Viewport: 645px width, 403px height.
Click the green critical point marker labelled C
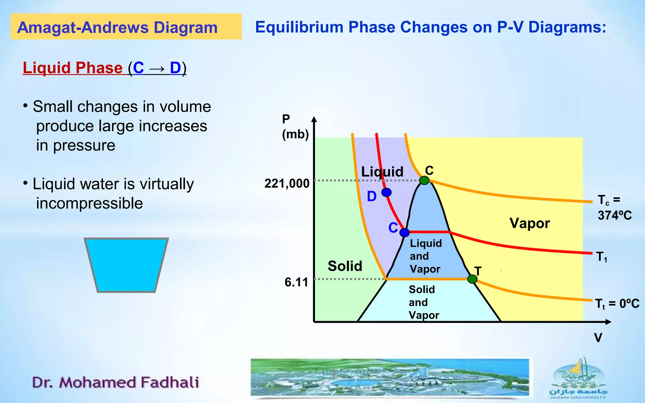click(x=424, y=180)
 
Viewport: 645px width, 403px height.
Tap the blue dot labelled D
click(x=386, y=192)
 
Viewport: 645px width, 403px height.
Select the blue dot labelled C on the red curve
click(x=404, y=233)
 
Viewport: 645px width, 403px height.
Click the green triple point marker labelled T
click(x=472, y=279)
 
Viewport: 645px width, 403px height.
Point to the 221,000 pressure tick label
click(x=287, y=183)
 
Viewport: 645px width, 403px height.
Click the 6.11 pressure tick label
click(x=296, y=282)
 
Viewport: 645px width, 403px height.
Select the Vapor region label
click(x=529, y=223)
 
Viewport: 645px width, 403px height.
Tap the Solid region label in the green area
click(x=345, y=266)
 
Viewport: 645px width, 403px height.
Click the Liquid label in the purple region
click(x=382, y=172)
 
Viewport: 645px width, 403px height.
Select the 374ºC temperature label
click(x=614, y=215)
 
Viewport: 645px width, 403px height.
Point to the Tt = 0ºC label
click(x=617, y=304)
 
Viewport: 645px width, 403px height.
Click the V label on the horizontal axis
click(x=598, y=338)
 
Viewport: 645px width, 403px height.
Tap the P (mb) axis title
click(x=295, y=127)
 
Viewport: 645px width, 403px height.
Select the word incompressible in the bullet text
click(x=89, y=203)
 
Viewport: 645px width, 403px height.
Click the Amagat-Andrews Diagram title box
click(x=126, y=27)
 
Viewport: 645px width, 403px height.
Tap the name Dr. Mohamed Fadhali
click(x=116, y=382)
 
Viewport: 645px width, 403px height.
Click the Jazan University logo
click(x=578, y=378)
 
